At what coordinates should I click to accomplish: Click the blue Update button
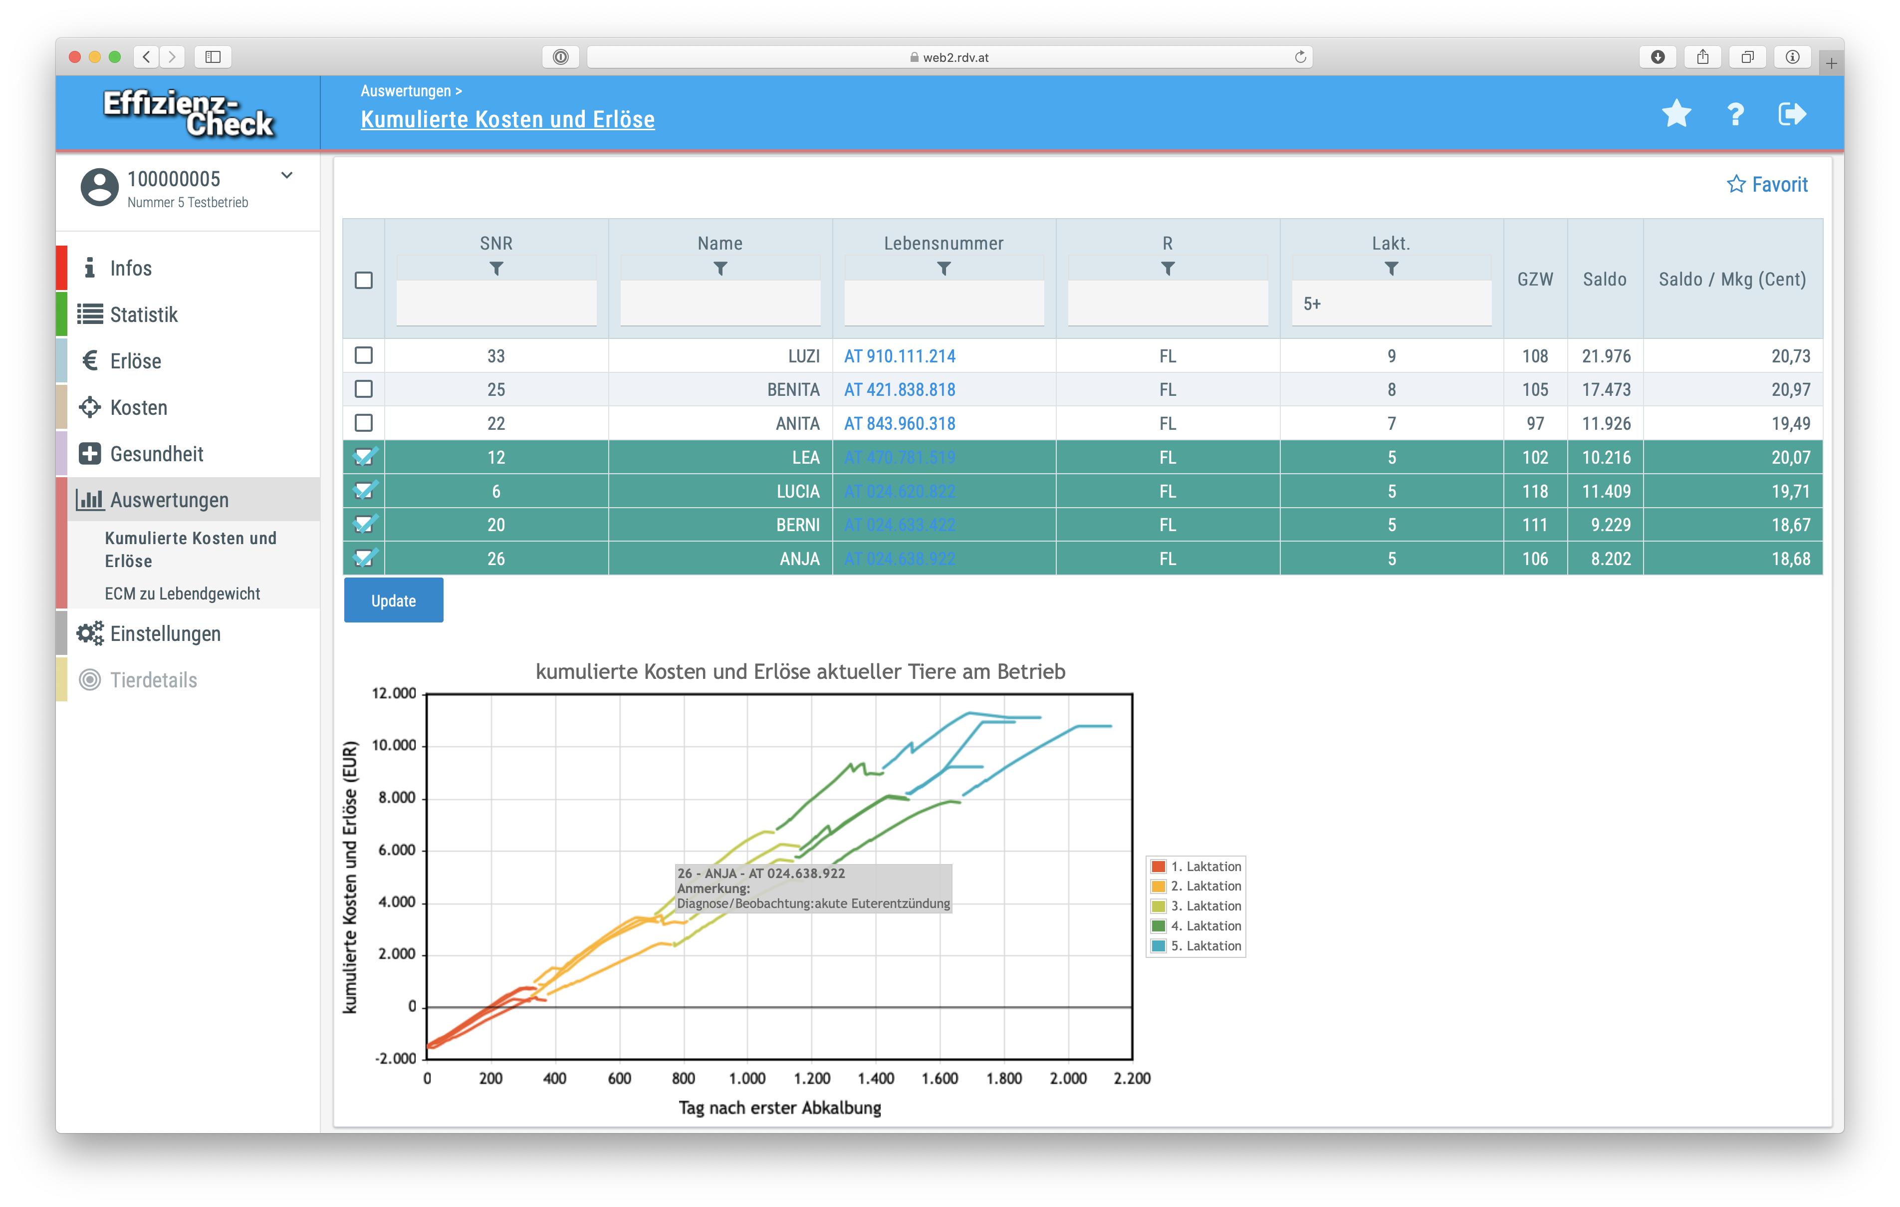tap(393, 601)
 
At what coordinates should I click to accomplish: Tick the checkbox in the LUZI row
tap(364, 355)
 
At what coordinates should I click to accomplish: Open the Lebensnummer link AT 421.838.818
tap(900, 390)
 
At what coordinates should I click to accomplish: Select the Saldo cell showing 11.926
tap(1606, 424)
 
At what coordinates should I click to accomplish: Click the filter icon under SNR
tap(496, 269)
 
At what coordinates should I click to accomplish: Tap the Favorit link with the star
tap(1767, 185)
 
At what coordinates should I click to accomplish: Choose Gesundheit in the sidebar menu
tap(156, 454)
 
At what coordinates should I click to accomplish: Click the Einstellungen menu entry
tap(165, 634)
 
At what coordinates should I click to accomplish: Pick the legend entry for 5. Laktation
tap(1205, 946)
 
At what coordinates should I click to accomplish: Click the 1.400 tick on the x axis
tap(876, 1078)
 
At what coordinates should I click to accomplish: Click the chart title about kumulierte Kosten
tap(800, 672)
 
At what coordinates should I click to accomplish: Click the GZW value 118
tap(1535, 492)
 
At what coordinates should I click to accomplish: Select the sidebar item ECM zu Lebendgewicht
tap(182, 594)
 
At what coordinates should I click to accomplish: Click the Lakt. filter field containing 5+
tap(1391, 304)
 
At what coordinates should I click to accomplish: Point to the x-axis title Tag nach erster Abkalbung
tap(779, 1108)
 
